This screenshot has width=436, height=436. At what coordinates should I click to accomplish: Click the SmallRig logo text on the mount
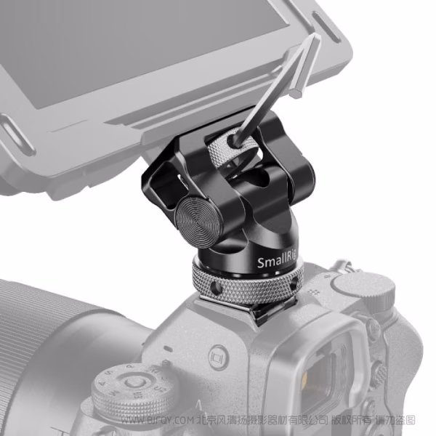coord(275,262)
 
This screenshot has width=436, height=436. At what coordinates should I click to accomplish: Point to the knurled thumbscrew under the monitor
coord(228,155)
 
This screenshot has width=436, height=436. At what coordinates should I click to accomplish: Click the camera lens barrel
coord(44,342)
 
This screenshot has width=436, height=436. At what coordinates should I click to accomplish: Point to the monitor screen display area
coord(109,44)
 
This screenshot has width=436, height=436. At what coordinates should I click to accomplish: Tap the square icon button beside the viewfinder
coord(215,358)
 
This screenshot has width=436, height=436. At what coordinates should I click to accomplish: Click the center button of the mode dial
coord(131,381)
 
